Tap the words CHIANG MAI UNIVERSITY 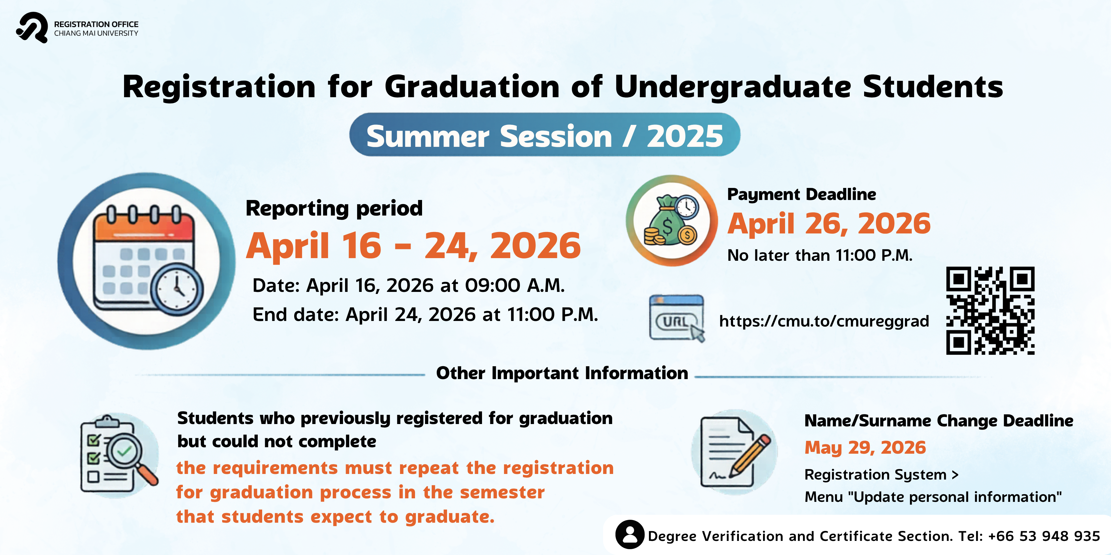96,33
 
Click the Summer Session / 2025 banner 545,135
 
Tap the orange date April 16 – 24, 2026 413,245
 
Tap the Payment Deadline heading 801,195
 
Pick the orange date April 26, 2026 829,224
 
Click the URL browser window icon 677,318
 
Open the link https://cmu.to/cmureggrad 824,321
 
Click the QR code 990,311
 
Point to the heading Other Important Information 562,373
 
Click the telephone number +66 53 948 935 1044,536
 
